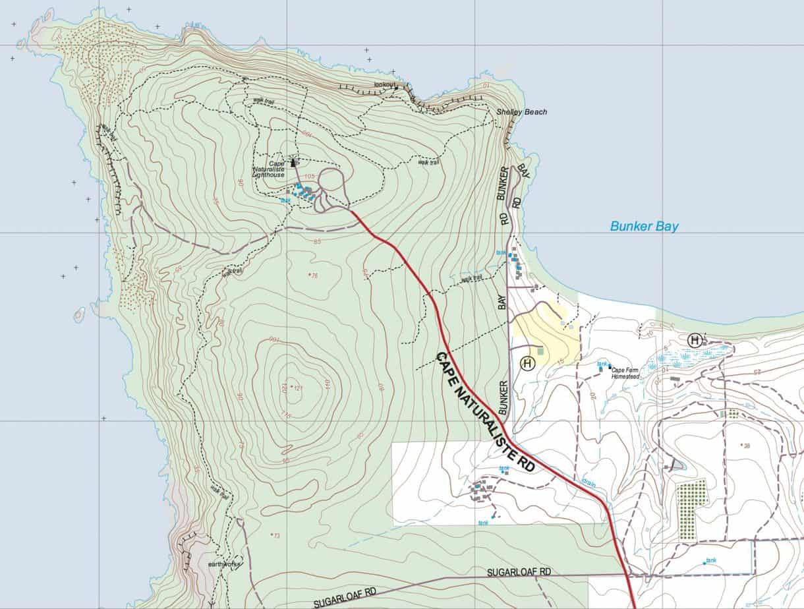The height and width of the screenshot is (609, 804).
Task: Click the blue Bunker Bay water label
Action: click(644, 226)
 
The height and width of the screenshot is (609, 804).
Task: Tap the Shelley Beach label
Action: click(521, 112)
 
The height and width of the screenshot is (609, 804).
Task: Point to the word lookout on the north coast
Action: click(386, 85)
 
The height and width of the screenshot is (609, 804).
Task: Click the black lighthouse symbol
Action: click(294, 161)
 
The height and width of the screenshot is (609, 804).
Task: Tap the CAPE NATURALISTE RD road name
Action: click(485, 412)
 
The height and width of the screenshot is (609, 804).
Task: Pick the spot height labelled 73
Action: click(275, 535)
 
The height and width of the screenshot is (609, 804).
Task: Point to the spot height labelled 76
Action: click(313, 275)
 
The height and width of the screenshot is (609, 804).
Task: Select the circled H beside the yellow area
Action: click(527, 362)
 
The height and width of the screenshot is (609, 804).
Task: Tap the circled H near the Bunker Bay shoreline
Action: click(694, 340)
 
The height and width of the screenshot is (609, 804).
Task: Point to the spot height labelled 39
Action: click(746, 446)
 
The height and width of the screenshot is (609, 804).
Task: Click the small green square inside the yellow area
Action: click(541, 351)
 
